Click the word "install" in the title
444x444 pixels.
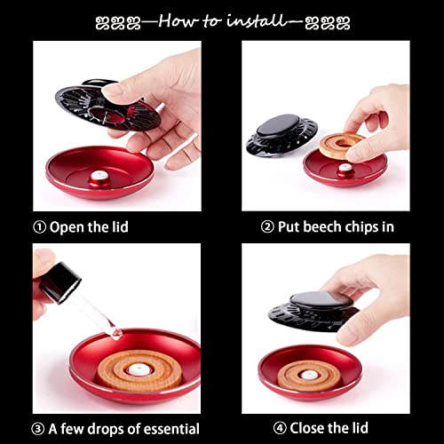(x=257, y=21)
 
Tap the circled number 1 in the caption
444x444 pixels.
(x=39, y=227)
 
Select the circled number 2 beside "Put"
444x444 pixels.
(x=267, y=227)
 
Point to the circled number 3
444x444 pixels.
(x=38, y=429)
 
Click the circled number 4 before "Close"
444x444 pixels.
(x=280, y=428)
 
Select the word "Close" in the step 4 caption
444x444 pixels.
(x=307, y=428)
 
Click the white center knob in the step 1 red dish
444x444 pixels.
(x=100, y=176)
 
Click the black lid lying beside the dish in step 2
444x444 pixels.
(x=281, y=136)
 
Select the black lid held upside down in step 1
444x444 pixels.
(x=108, y=106)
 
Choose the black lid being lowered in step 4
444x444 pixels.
(x=313, y=311)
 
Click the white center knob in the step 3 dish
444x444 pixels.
(x=139, y=370)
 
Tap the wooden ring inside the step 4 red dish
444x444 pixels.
(x=309, y=376)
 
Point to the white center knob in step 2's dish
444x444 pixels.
(x=345, y=168)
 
